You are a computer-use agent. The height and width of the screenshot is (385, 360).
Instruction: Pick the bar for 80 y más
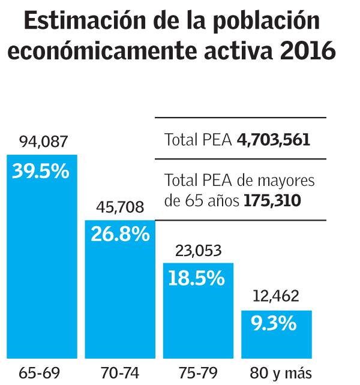[277, 339]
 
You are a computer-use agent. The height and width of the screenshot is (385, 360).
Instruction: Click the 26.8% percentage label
[120, 234]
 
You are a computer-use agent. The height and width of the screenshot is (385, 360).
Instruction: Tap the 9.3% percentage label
[274, 324]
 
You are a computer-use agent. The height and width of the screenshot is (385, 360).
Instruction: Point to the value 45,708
[121, 207]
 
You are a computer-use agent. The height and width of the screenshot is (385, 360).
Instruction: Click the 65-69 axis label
[40, 372]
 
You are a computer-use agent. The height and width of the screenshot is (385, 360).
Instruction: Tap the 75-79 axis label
[197, 372]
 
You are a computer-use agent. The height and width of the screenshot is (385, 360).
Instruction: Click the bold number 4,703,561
[274, 140]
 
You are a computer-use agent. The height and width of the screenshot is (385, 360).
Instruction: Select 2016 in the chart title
[308, 52]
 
